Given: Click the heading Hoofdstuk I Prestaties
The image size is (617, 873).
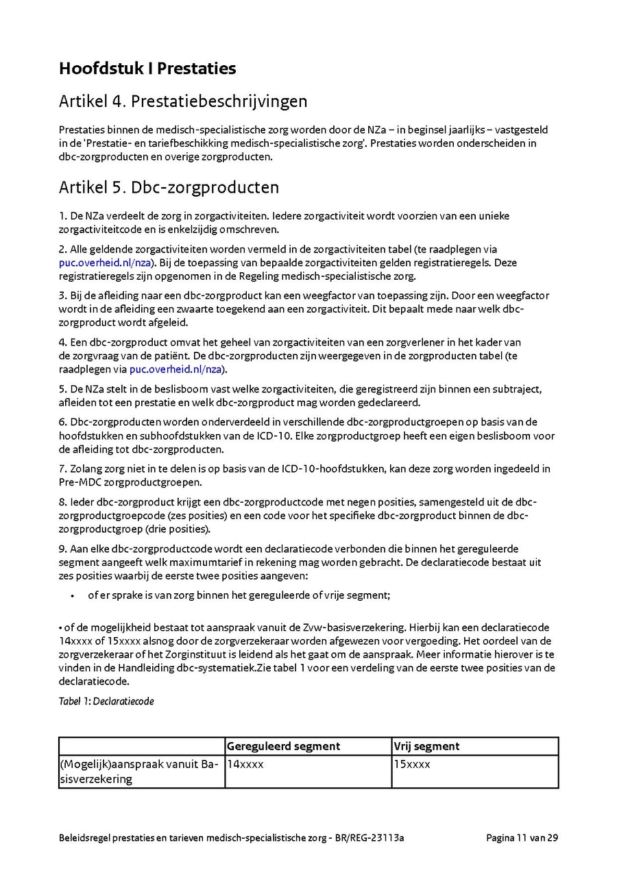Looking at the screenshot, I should (x=147, y=69).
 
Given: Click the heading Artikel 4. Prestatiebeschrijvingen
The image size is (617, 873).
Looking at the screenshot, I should (x=183, y=101).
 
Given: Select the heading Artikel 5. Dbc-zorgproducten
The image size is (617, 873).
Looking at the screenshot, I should (x=169, y=187).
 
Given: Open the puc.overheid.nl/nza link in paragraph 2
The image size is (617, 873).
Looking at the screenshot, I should (x=105, y=263).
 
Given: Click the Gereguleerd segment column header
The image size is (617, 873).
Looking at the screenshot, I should (x=283, y=746).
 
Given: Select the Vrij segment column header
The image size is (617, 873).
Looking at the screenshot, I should (x=426, y=746).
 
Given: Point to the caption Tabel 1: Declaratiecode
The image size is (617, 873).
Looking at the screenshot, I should (x=106, y=701).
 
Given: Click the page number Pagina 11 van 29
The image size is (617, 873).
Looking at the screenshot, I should (x=522, y=838).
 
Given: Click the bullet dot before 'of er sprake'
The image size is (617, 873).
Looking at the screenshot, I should (x=72, y=596).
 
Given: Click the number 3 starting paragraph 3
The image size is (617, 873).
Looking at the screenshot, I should (x=62, y=296).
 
